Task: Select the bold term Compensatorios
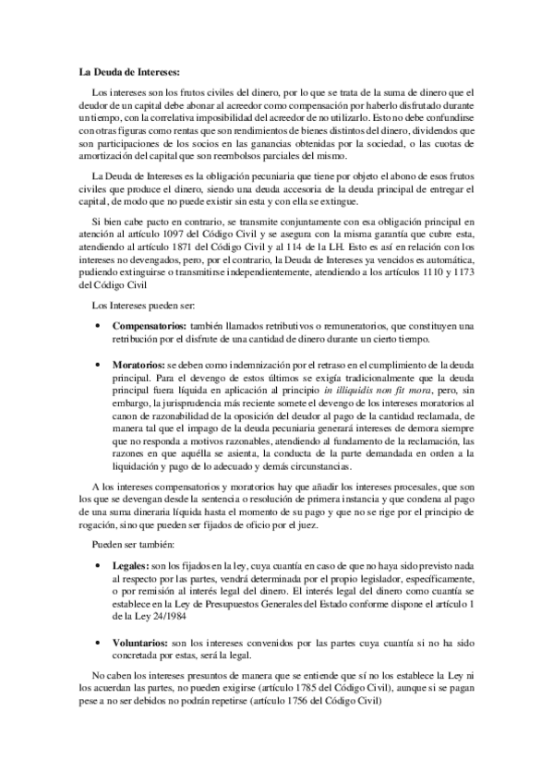point(148,327)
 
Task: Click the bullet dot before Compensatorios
point(98,327)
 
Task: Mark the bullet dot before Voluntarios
point(98,641)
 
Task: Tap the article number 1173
point(462,274)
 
